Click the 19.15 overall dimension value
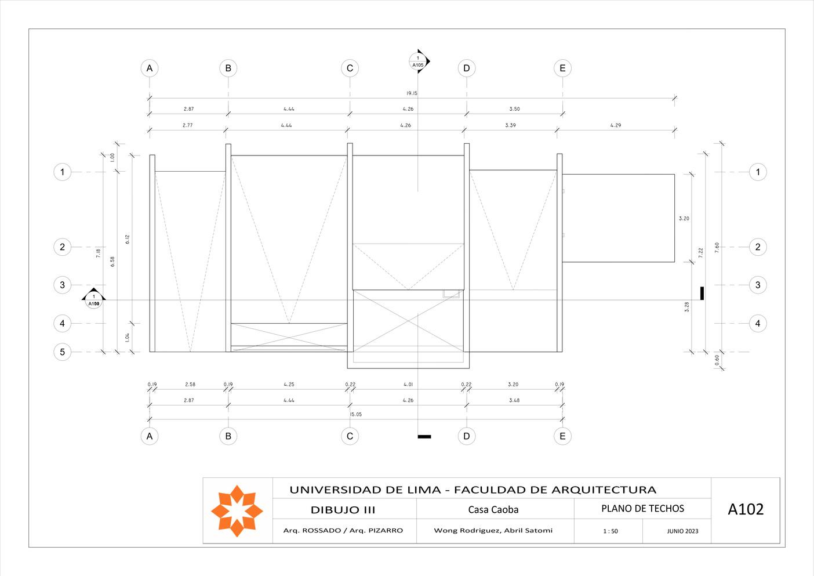tap(412, 93)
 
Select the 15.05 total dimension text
tap(355, 414)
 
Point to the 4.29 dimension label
tap(615, 125)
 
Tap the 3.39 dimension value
tap(510, 125)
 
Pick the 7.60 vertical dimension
tap(717, 247)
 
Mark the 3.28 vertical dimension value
tap(687, 307)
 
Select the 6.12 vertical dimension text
tap(127, 239)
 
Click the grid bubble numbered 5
tap(62, 352)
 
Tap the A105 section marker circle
tap(417, 61)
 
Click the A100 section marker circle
tap(94, 300)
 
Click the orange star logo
tap(237, 510)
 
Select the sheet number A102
tap(746, 509)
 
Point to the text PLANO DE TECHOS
tap(642, 509)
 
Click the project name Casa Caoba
tap(493, 510)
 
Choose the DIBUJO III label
tap(343, 510)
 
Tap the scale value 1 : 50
tap(610, 531)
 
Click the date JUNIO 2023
tap(682, 531)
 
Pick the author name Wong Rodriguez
tap(467, 530)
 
